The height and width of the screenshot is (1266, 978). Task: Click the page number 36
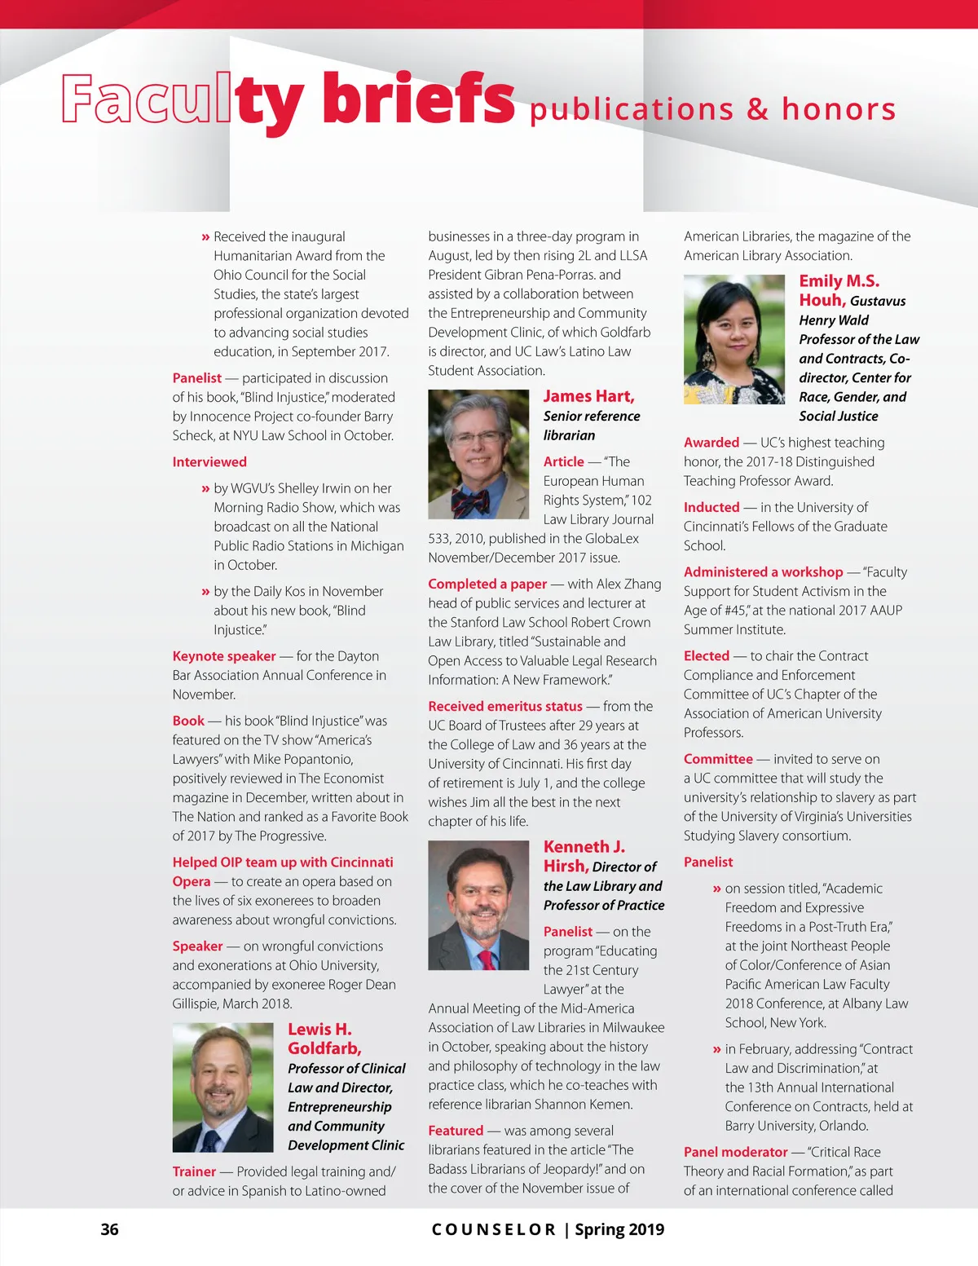(109, 1229)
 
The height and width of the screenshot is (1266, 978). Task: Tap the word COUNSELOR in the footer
(493, 1230)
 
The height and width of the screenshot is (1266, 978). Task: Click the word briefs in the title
(418, 99)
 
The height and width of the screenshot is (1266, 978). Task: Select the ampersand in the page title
(757, 109)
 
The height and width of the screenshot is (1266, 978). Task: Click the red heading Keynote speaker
(224, 656)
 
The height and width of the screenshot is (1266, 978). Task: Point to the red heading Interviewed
(209, 462)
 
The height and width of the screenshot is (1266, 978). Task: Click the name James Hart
(588, 397)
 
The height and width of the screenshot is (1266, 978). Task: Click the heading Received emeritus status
(505, 707)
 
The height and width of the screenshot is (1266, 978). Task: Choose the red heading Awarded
(711, 443)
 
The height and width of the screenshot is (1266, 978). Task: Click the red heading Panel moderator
(735, 1153)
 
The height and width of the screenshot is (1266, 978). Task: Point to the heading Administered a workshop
(763, 572)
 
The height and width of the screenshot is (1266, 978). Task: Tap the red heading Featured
(456, 1131)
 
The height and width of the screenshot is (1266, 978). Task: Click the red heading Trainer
(194, 1172)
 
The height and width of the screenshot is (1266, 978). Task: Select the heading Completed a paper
(487, 584)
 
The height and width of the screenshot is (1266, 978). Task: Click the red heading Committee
(718, 759)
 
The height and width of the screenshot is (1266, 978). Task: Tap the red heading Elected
(707, 656)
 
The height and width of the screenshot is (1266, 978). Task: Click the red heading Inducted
(711, 507)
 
